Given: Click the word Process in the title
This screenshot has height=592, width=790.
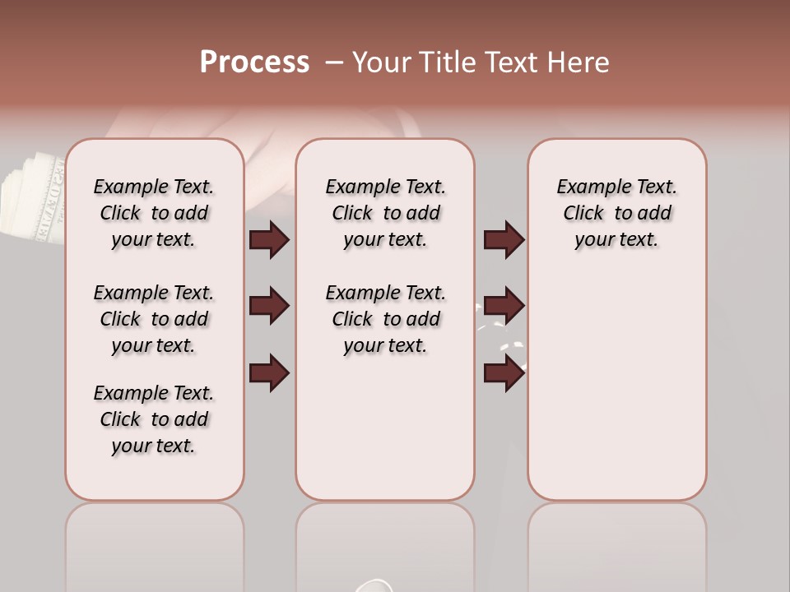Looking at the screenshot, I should [254, 62].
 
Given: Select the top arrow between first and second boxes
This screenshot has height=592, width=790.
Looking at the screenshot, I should [269, 240].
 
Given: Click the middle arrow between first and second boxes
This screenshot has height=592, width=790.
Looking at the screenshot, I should [269, 307].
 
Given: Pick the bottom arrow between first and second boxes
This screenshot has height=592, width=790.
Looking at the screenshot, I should [269, 372].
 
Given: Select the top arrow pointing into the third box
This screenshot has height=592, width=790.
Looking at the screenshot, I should [504, 240].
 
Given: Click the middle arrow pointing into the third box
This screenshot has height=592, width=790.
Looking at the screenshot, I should [504, 307].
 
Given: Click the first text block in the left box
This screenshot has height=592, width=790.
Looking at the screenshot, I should [154, 213].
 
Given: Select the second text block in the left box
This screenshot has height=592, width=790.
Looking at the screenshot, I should [154, 319].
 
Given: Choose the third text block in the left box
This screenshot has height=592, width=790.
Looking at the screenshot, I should [154, 419].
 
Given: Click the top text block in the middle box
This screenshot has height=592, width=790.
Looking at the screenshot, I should [385, 213].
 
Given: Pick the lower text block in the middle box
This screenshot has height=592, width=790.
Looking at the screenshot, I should [385, 319].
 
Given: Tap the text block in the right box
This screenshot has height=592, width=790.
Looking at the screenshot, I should [616, 213].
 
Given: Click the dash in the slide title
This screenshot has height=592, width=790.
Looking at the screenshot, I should [333, 62].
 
